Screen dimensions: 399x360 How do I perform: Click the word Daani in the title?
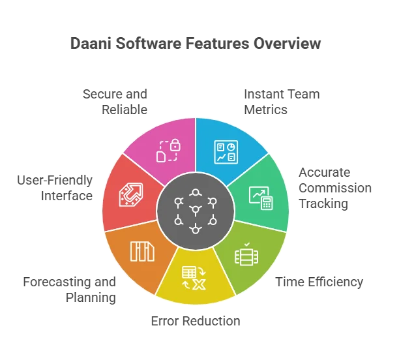(91, 43)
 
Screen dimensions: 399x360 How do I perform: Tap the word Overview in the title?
(287, 43)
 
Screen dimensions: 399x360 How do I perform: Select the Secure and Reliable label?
(115, 102)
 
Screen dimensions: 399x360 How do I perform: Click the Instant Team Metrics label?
(282, 102)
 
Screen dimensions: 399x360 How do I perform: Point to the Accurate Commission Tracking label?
(335, 188)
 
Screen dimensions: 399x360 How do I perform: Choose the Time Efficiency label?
(319, 282)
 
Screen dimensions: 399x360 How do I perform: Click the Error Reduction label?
(196, 321)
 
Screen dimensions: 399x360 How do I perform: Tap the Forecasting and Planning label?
(70, 290)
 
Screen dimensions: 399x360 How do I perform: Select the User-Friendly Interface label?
(55, 188)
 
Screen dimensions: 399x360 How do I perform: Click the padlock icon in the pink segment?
(175, 145)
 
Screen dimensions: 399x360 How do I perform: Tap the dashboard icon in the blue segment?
(226, 152)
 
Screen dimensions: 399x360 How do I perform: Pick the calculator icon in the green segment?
(267, 203)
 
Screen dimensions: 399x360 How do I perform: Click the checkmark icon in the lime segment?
(247, 245)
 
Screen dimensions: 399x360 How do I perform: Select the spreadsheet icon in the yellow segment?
(189, 273)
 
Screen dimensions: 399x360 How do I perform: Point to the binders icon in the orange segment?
(142, 252)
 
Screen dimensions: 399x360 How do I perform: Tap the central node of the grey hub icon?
(196, 210)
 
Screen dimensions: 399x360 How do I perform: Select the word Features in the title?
(217, 43)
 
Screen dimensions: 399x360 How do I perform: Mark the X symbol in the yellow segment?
(199, 284)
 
